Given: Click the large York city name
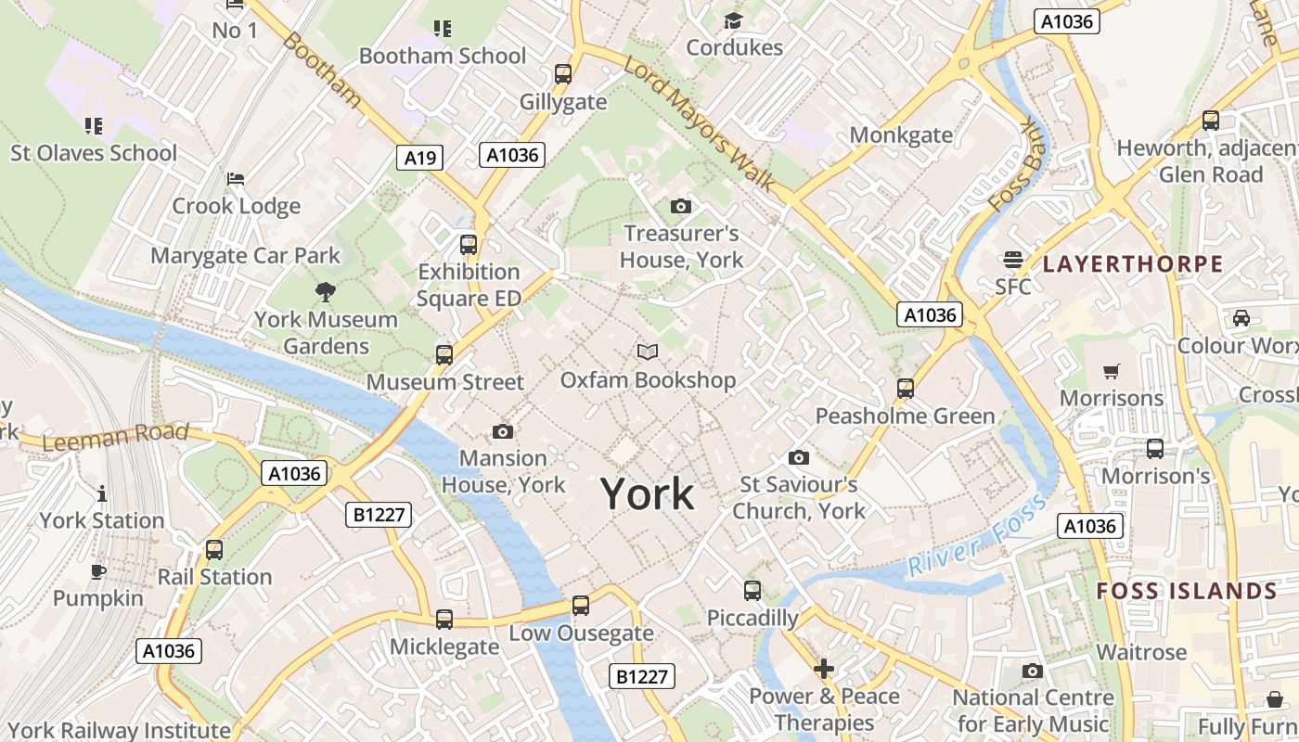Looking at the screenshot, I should coord(648,494).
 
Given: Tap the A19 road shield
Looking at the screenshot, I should coord(420,158).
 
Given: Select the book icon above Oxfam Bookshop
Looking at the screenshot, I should coord(648,352).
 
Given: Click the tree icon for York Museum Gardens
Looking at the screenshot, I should coord(326,292).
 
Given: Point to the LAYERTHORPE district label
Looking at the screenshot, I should coord(1132,264).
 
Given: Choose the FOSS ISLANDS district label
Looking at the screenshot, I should coord(1187,591).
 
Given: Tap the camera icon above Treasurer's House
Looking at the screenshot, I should coord(681,206).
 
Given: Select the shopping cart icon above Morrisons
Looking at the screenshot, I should coord(1112,372).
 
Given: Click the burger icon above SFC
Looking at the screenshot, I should coord(1012,260).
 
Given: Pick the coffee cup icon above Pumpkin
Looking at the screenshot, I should coord(98,571).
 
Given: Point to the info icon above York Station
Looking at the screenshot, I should coord(102,493).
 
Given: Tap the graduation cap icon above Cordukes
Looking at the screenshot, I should coord(734,20).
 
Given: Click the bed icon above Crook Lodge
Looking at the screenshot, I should coord(236,178).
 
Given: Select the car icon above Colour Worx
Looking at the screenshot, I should coord(1241,318).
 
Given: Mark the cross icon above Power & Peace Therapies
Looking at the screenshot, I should coord(824,669).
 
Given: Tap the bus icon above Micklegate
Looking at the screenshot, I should coord(444,620).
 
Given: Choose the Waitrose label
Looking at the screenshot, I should coord(1141,652).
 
